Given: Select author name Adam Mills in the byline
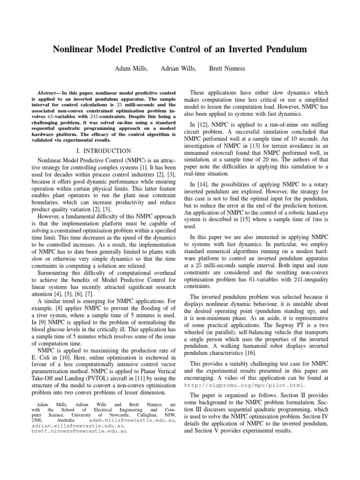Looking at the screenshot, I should tap(131, 69).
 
